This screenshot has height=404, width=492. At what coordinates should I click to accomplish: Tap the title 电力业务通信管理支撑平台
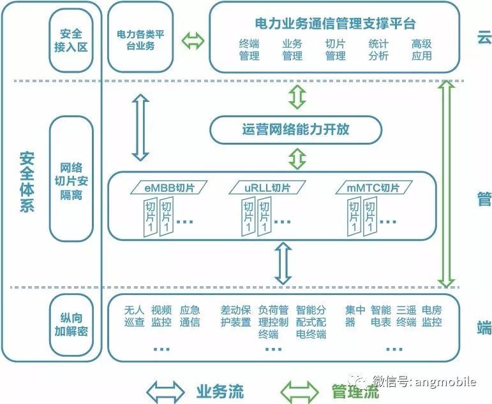click(335, 24)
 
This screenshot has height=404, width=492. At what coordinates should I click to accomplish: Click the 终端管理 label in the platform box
click(250, 50)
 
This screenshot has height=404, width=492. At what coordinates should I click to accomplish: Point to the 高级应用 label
click(421, 50)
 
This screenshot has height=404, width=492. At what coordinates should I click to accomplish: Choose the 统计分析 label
click(378, 50)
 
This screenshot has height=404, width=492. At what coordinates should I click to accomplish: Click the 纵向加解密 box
click(71, 324)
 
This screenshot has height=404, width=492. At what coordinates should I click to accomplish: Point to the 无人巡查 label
click(135, 316)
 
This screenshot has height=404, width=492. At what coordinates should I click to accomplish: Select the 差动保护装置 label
click(235, 316)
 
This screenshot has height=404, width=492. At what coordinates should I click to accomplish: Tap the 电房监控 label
click(432, 316)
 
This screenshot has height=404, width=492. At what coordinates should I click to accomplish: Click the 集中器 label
click(355, 316)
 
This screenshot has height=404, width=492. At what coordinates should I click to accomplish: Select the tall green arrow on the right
click(447, 184)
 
